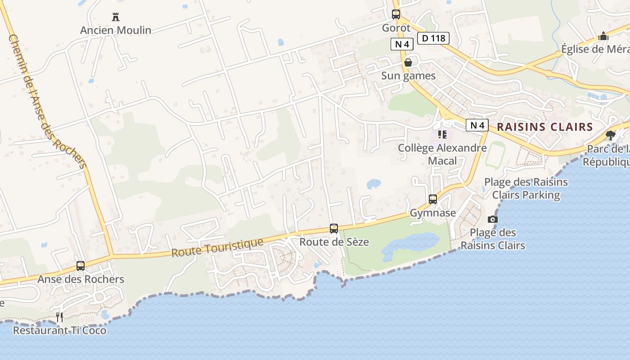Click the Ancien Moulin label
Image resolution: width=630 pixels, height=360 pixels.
point(116,30)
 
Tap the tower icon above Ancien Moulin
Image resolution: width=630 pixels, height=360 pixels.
point(116,18)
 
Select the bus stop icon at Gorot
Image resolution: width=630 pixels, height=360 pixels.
point(396,14)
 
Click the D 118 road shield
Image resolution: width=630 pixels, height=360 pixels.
point(434,38)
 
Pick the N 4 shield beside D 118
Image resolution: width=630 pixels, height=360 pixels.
point(402,44)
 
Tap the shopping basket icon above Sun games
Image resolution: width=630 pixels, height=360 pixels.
point(408,63)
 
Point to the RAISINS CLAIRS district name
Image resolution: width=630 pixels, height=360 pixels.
point(545,127)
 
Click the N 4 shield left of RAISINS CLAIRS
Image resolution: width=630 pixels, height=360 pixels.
point(477,125)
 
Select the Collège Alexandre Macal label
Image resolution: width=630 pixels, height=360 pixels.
point(442,154)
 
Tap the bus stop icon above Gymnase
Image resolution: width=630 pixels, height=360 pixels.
point(433,199)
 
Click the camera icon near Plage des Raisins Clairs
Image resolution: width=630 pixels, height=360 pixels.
point(493,220)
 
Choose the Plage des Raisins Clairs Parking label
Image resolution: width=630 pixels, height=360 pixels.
point(526,189)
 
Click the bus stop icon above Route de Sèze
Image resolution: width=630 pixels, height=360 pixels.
point(334,229)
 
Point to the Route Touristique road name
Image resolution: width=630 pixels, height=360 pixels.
point(217,248)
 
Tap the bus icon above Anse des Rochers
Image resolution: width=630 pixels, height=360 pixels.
point(81,266)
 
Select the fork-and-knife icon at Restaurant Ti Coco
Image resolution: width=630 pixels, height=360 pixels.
point(59,317)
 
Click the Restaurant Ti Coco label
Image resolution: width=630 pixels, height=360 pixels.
point(60,330)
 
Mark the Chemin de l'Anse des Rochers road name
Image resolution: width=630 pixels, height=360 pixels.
point(47,102)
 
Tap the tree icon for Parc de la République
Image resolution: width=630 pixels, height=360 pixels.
point(611,135)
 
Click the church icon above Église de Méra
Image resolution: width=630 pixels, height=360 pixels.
point(603,36)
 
